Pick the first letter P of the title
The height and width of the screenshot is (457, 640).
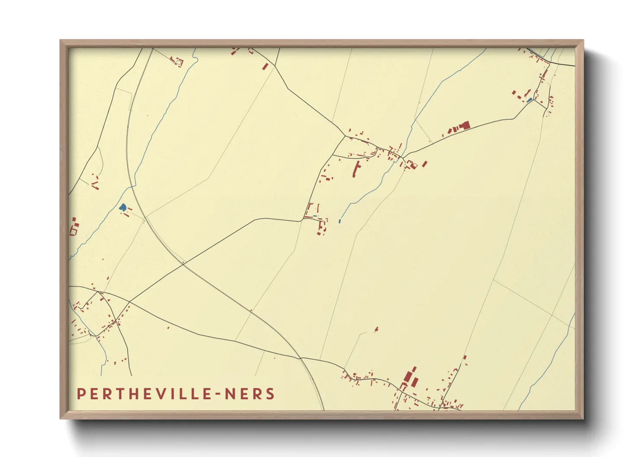coord(81,394)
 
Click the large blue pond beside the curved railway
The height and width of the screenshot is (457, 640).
coord(123,207)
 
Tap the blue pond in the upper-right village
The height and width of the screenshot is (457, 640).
coord(529,100)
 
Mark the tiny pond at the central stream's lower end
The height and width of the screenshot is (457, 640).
coord(340,221)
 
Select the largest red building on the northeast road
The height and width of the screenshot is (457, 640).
coord(464,126)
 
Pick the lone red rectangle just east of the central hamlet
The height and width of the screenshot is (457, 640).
coord(425,164)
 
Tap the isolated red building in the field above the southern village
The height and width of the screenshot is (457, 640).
coord(376,329)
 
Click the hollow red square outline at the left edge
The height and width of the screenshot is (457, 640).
coord(73,232)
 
